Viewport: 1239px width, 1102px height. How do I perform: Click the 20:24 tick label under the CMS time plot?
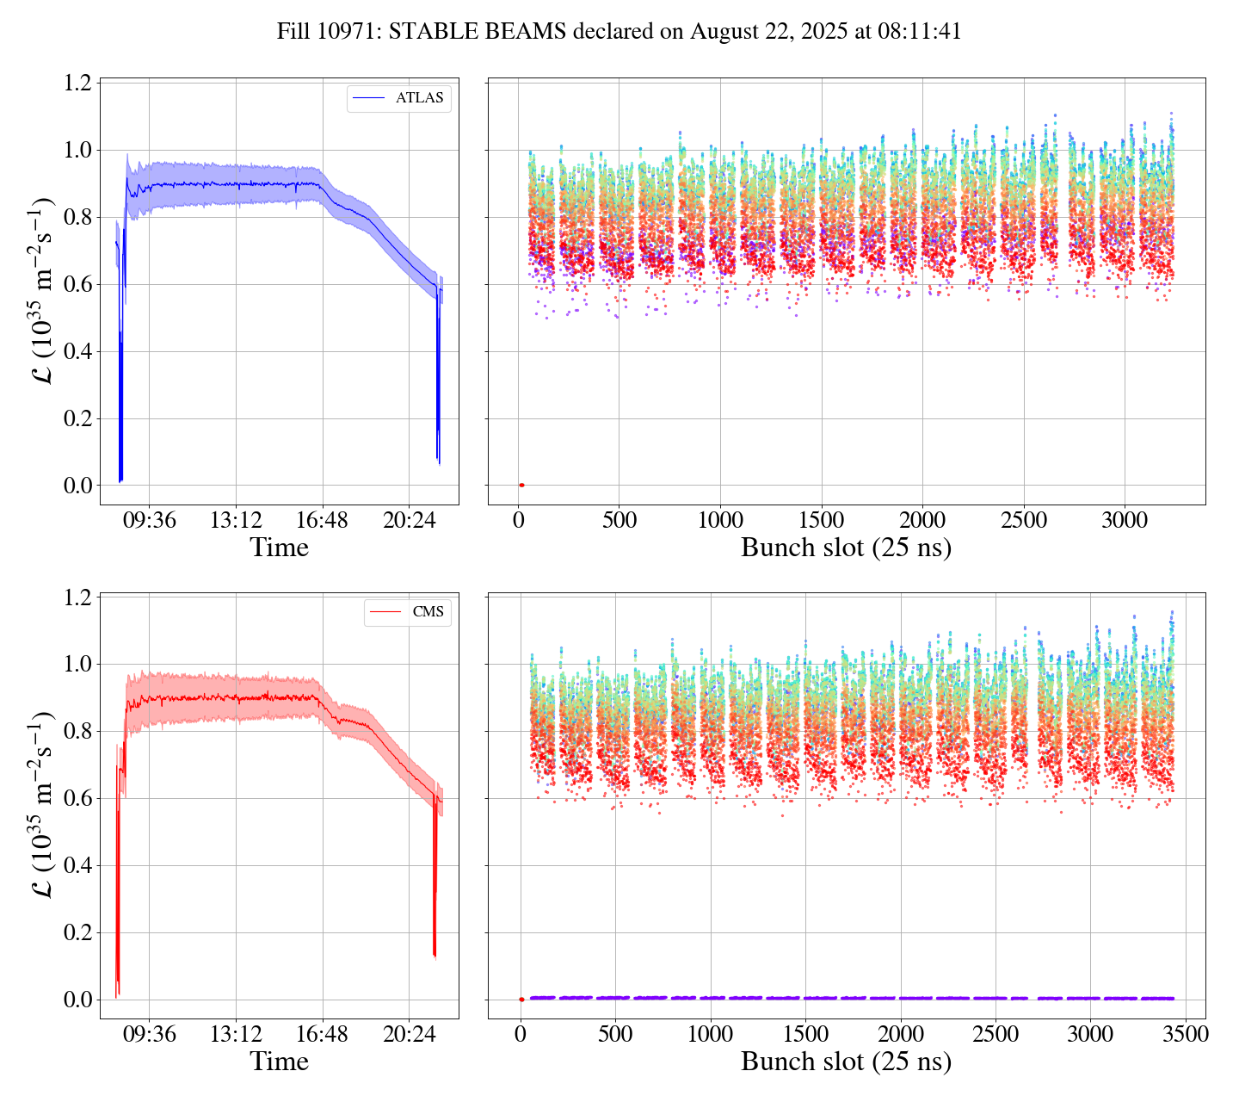click(409, 1034)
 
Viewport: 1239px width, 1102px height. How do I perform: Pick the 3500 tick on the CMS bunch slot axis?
click(1185, 1034)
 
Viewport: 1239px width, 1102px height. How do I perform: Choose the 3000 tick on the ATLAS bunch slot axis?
click(1125, 520)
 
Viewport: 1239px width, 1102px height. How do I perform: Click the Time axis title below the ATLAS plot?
click(279, 548)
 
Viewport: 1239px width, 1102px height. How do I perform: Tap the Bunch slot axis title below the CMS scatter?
click(846, 1062)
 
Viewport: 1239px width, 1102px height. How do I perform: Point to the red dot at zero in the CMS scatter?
click(521, 1000)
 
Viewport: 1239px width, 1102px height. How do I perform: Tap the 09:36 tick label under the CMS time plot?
click(150, 1034)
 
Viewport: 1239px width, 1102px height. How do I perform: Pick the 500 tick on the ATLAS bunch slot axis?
click(619, 520)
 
